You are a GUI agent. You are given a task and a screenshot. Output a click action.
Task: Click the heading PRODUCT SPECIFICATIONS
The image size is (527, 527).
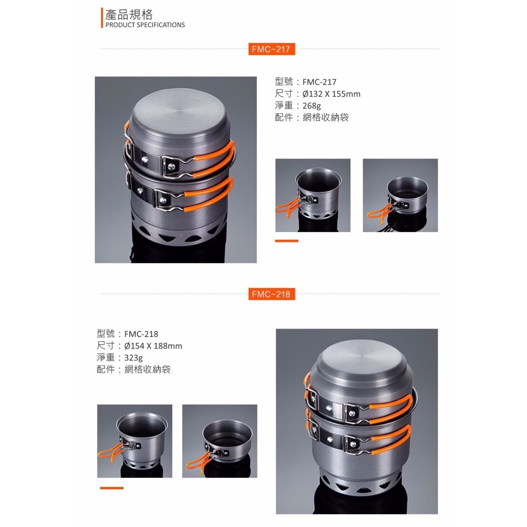pos(145,25)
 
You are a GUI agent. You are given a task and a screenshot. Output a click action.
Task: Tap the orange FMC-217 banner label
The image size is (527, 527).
pos(272,49)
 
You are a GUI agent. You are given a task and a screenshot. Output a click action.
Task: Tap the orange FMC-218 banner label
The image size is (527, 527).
pos(272,294)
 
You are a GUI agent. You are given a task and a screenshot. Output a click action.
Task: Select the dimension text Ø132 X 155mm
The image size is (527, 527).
pos(331,94)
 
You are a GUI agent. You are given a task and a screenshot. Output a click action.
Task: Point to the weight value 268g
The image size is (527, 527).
pos(311,106)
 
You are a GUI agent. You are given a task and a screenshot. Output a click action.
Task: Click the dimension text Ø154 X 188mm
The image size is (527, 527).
pos(153,346)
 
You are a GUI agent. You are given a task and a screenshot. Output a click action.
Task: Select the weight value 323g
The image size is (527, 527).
pos(133,358)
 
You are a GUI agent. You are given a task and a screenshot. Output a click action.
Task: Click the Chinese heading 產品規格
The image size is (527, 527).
pos(129,14)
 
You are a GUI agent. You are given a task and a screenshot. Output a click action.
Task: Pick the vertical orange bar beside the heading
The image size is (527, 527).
pos(102,18)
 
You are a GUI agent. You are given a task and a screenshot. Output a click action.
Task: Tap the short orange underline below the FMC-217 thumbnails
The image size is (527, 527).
pos(287,241)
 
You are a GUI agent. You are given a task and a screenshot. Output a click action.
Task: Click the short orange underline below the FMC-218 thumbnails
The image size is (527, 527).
pos(112,488)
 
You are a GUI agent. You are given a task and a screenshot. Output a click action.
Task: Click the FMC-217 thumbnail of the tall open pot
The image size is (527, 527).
pos(313,195)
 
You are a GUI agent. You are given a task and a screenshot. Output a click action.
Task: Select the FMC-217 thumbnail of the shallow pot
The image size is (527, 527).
pos(400,195)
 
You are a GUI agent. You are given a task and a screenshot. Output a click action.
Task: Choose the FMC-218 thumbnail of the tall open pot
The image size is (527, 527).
pos(135,441)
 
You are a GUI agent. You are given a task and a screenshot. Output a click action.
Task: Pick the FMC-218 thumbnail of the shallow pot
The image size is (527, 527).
pos(220,441)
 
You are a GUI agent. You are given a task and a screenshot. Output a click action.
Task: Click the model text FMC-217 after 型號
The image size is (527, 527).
pos(319,82)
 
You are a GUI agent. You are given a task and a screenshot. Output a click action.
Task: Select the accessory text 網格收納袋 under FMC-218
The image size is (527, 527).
pos(148,370)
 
